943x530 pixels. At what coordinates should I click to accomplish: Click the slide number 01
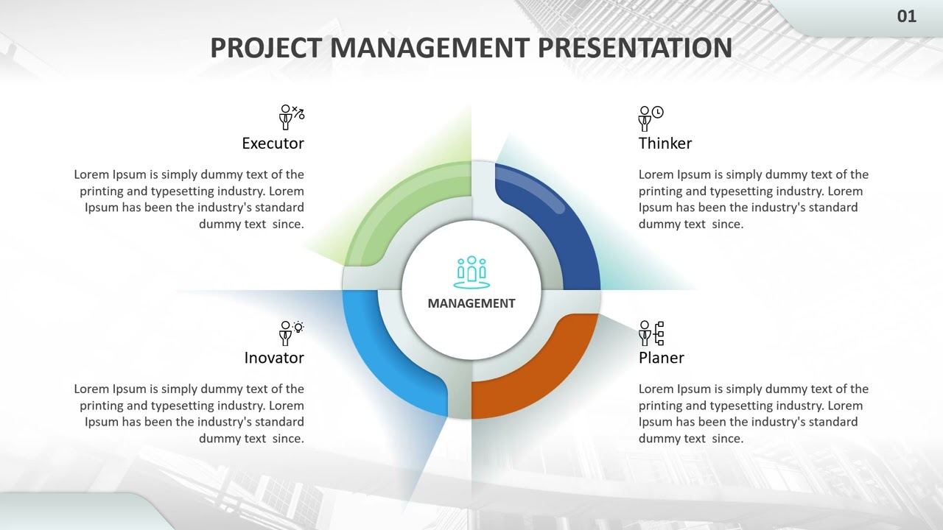pos(906,16)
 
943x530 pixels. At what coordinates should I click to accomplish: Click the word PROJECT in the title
pos(266,48)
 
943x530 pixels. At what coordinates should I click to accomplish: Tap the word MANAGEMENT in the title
pos(430,48)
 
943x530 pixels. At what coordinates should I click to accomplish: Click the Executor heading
pos(273,144)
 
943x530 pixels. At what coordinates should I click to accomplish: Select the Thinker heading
pos(665,144)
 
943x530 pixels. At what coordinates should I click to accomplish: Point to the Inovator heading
pos(274,358)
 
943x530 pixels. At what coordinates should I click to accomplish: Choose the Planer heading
pos(661,358)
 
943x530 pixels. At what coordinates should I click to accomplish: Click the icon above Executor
pos(291,117)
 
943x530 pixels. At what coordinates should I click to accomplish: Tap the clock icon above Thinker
pos(657,113)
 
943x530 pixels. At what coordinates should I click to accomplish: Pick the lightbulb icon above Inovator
pos(298,328)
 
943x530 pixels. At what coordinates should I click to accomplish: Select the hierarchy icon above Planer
pos(659,333)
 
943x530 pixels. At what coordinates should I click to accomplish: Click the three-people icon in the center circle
pos(471,272)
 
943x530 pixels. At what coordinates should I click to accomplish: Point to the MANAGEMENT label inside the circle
pos(471,303)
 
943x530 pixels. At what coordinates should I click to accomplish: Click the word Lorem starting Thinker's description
pos(656,175)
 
